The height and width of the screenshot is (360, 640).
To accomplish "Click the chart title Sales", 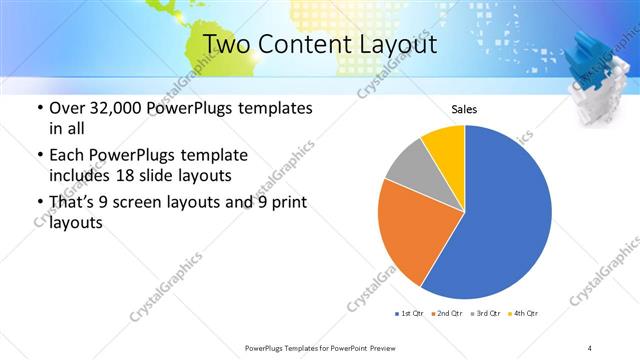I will [x=465, y=109].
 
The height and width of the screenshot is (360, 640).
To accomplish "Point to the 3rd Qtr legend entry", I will [x=484, y=315].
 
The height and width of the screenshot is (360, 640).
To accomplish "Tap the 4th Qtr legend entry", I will [x=521, y=315].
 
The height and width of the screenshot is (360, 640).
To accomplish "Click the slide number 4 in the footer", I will [x=590, y=347].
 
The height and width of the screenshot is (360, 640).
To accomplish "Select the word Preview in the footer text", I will [x=378, y=347].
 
